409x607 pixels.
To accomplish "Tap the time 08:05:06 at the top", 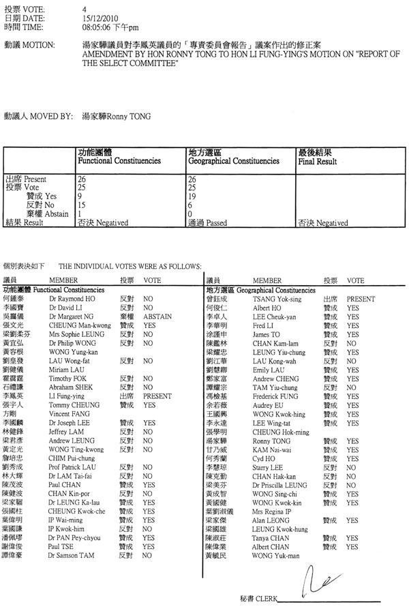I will pyautogui.click(x=97, y=28).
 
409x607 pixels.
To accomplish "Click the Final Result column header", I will pyautogui.click(x=317, y=162).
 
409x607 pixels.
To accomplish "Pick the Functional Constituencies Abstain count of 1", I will pyautogui.click(x=80, y=212).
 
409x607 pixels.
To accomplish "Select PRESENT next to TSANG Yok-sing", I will pyautogui.click(x=361, y=299).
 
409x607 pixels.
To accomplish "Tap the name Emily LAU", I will pyautogui.click(x=268, y=370).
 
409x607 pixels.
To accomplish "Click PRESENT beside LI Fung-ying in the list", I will pyautogui.click(x=157, y=396).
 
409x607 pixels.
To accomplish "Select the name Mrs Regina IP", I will pyautogui.click(x=271, y=511).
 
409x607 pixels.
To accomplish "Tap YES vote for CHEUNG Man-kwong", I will pyautogui.click(x=149, y=325).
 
